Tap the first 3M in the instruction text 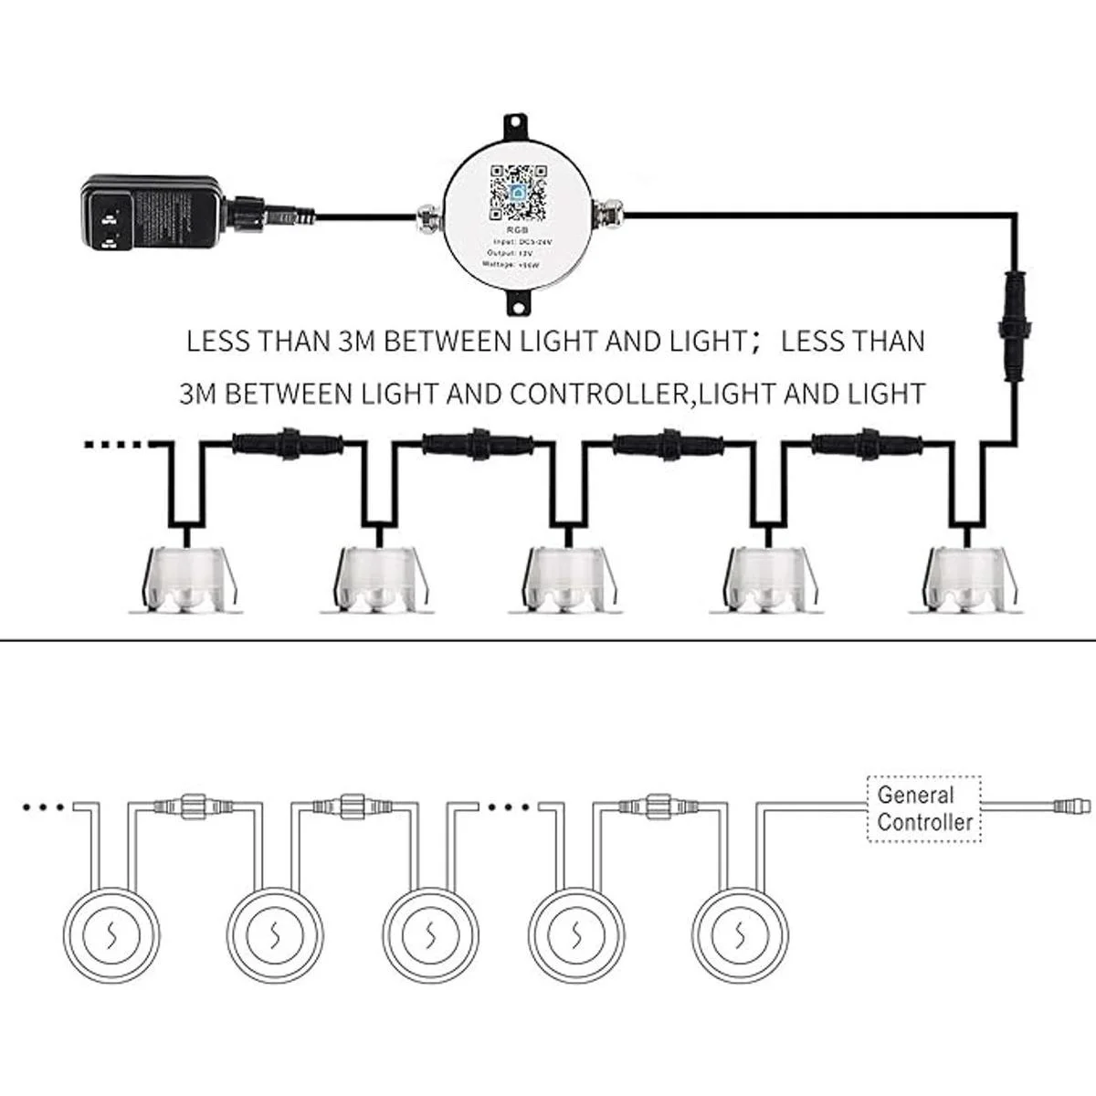(357, 342)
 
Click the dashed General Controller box (924, 808)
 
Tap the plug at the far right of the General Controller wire (1064, 806)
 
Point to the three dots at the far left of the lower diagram (43, 806)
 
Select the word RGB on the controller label (517, 233)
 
